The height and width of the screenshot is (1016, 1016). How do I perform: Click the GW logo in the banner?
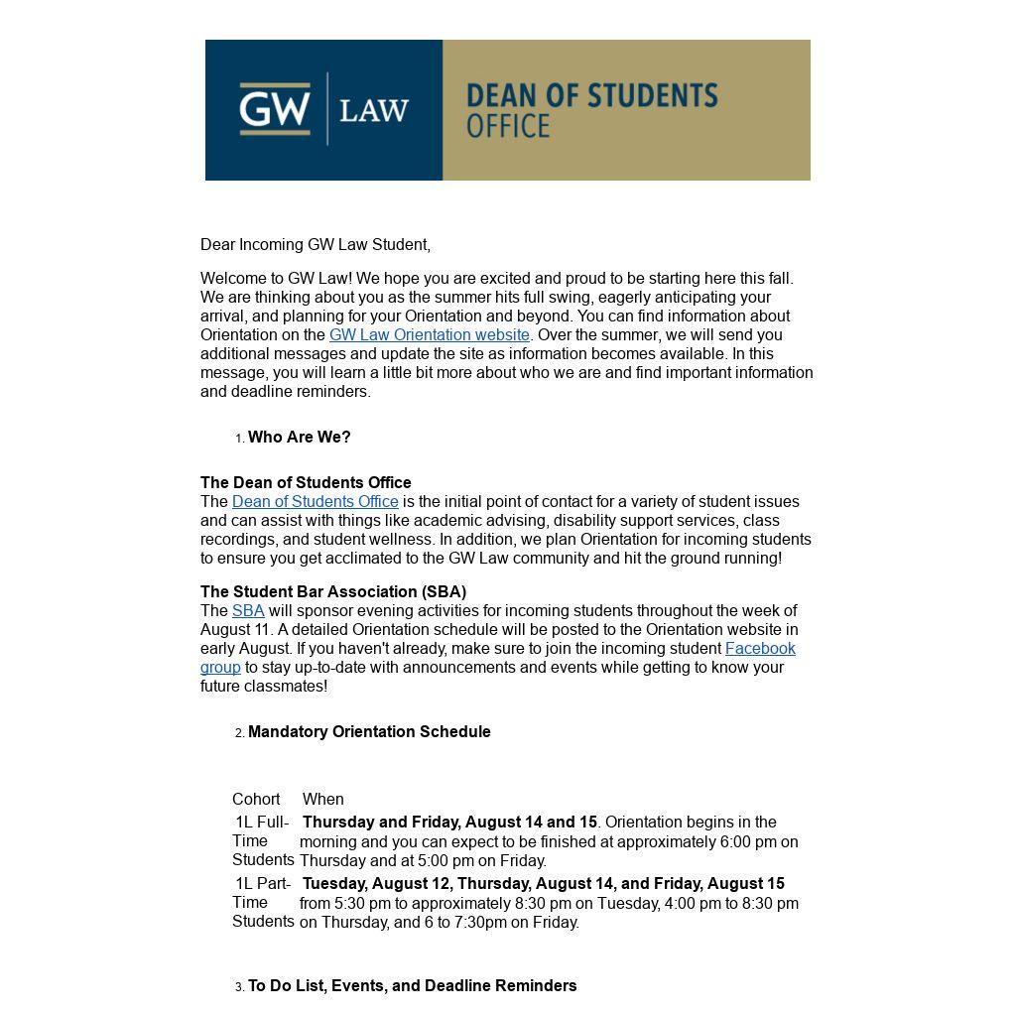coord(275,108)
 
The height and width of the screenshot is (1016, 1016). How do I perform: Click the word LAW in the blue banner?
coord(374,110)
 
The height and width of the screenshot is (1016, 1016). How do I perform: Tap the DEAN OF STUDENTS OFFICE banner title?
coord(591,109)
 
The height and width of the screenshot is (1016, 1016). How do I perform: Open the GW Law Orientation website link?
coord(429,335)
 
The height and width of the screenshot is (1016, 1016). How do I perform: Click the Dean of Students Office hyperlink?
coord(315,502)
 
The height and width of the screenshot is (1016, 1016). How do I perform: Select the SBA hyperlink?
coord(248,611)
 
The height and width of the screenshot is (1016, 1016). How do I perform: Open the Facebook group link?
coord(759,649)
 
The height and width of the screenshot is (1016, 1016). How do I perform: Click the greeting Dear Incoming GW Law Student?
coord(315,245)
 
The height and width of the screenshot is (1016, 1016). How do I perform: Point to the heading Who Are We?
coord(299,438)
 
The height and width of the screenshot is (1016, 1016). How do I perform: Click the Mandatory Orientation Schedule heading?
coord(369,732)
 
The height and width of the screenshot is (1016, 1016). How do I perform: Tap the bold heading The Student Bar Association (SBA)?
coord(332,592)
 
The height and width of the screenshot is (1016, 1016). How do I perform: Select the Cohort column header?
coord(256,800)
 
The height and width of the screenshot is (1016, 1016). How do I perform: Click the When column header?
coord(322,800)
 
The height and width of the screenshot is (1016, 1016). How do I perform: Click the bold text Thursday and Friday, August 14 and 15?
coord(449,823)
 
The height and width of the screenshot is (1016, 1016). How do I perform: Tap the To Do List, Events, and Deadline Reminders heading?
coord(412,986)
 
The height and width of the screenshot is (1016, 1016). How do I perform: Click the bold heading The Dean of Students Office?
coord(306,483)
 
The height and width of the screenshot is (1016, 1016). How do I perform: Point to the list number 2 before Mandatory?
coord(239,733)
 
